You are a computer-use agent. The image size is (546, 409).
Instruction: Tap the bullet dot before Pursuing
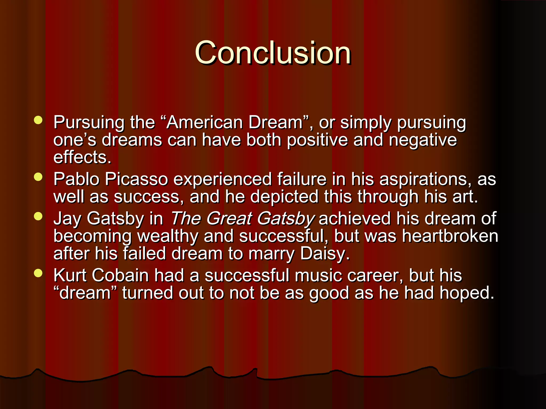pyautogui.click(x=38, y=120)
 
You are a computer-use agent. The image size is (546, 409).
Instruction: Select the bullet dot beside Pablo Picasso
pyautogui.click(x=38, y=177)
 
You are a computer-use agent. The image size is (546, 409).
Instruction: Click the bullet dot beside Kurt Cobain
pyautogui.click(x=38, y=273)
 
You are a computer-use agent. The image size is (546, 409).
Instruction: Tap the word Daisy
pyautogui.click(x=324, y=253)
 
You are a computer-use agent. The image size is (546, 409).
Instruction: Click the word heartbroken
pyautogui.click(x=450, y=236)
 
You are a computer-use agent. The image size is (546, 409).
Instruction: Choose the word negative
pyautogui.click(x=423, y=140)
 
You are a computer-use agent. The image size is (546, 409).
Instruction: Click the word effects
pyautogui.click(x=82, y=157)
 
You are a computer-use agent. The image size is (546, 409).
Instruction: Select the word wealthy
pyautogui.click(x=168, y=236)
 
